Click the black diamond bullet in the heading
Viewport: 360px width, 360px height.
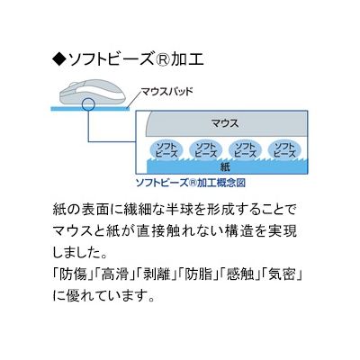pos(59,59)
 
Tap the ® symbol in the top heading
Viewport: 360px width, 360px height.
pos(162,59)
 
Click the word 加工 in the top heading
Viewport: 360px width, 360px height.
pos(187,59)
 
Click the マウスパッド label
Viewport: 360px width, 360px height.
pos(167,92)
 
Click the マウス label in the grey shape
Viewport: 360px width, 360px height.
pos(225,123)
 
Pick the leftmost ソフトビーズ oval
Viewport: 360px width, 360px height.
pos(166,150)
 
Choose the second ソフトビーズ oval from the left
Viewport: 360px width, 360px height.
pos(206,150)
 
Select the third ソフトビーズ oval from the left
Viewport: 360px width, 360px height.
pos(245,150)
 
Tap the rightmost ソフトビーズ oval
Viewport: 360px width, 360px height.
pos(284,150)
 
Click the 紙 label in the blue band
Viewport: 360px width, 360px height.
pos(225,167)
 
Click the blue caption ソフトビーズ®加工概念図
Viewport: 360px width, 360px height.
pos(191,183)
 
